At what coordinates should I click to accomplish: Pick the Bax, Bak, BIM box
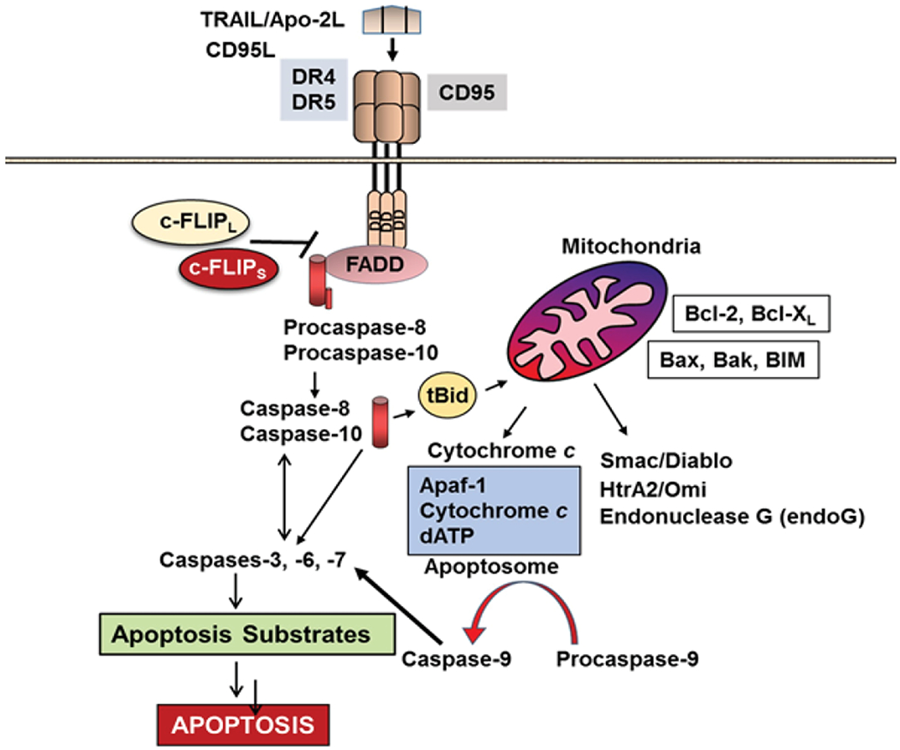(x=734, y=359)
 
